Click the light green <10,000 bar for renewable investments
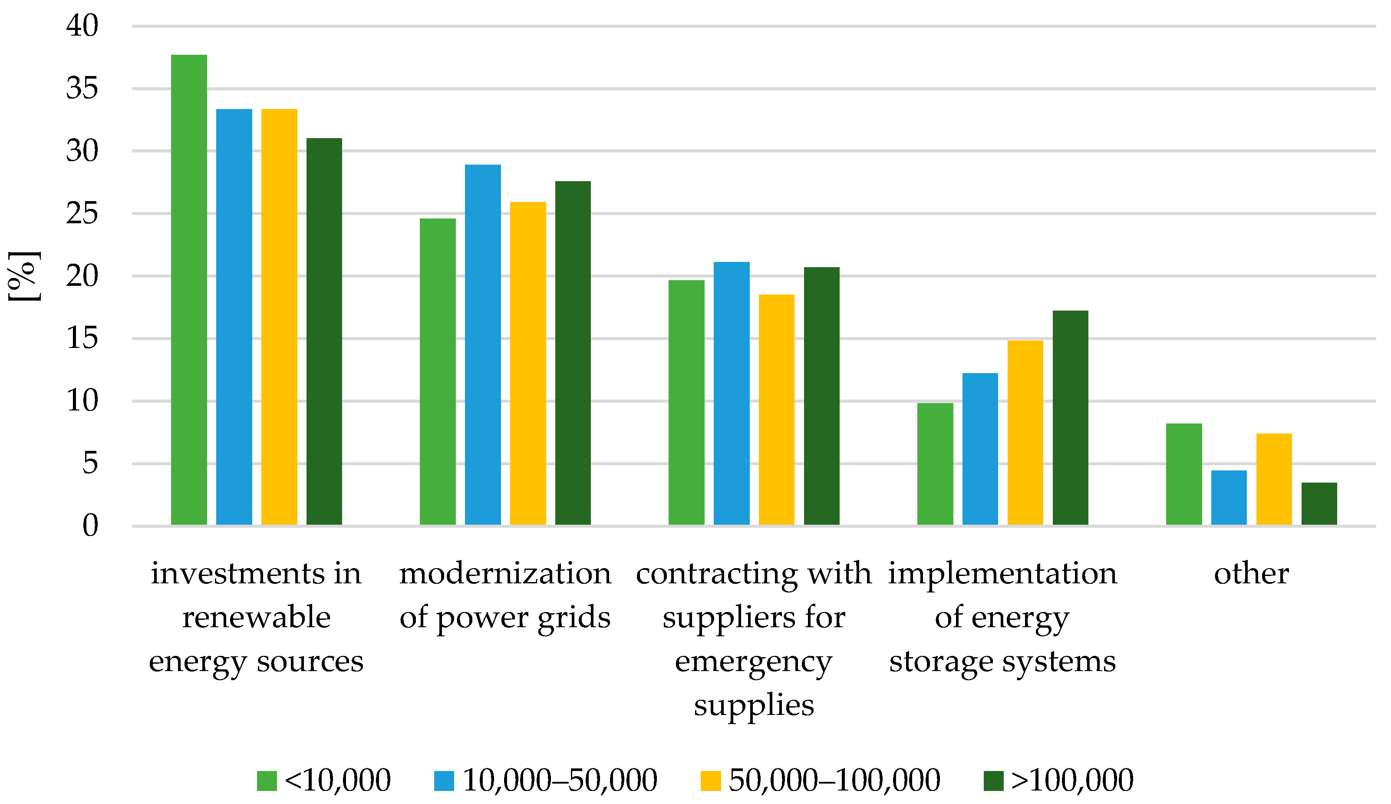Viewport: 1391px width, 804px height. [x=189, y=289]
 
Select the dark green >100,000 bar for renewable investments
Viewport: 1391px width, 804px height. [x=324, y=331]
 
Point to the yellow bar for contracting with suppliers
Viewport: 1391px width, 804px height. [x=776, y=409]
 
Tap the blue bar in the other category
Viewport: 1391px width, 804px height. [x=1229, y=497]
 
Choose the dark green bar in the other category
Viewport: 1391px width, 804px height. [x=1319, y=503]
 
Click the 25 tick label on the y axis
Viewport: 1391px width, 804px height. [x=82, y=213]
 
